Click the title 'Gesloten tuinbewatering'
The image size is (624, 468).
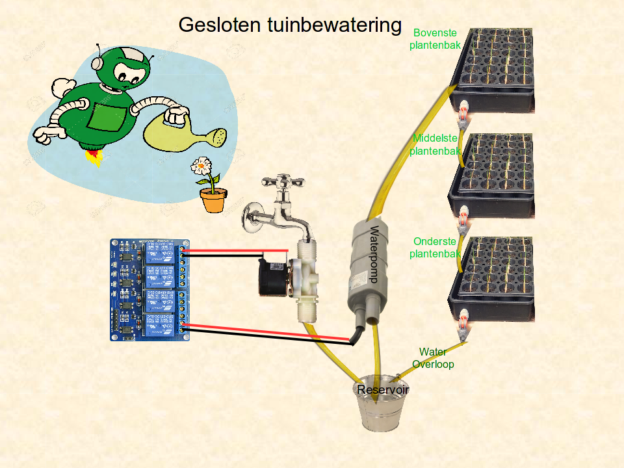(x=290, y=25)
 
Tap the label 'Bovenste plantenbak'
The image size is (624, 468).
(x=435, y=39)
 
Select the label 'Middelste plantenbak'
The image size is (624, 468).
(x=435, y=144)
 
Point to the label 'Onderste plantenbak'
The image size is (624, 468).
(x=435, y=248)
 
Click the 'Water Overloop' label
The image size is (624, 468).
(x=433, y=358)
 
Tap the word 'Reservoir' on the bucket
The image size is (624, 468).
(x=383, y=389)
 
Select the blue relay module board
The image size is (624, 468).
(x=150, y=289)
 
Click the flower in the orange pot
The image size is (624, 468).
(x=203, y=166)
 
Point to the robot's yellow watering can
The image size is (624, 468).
(x=186, y=133)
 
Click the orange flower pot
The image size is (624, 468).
(x=214, y=200)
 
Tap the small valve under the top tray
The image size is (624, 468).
(x=463, y=115)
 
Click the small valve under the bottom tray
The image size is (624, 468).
(x=462, y=326)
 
